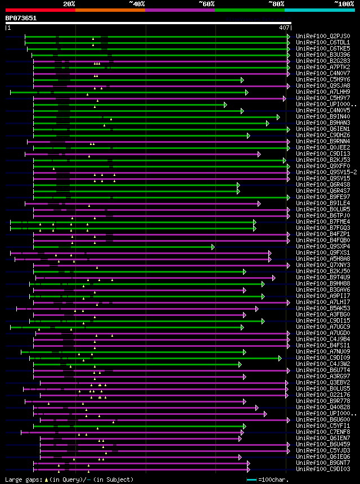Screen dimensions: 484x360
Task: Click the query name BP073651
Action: [x=21, y=18]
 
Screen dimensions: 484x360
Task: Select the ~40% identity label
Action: [x=137, y=3]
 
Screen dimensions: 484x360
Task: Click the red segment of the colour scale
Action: [x=40, y=10]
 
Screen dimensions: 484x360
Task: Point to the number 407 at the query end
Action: [x=283, y=27]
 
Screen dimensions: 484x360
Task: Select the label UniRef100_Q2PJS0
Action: [x=322, y=36]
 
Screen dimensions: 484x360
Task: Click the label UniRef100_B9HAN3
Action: [x=322, y=123]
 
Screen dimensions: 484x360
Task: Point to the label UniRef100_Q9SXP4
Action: [x=322, y=246]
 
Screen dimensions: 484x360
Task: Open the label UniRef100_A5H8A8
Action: [x=322, y=259]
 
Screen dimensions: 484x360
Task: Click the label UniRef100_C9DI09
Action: [x=322, y=358]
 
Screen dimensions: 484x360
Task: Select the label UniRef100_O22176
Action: [x=322, y=395]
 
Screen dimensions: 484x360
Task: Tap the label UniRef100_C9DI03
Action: [x=322, y=469]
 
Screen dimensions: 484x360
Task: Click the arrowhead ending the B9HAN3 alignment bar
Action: [x=268, y=123]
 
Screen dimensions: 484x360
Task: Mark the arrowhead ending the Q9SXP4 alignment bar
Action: [x=213, y=246]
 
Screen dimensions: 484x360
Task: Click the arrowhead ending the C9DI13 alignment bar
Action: [x=259, y=153]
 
